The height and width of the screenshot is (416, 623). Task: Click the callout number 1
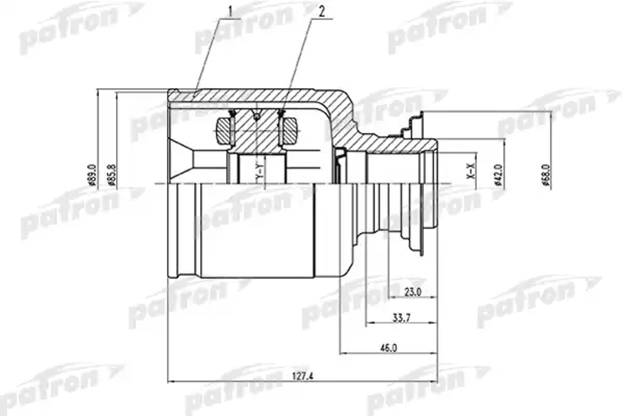(230, 11)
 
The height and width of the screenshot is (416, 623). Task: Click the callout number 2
(322, 12)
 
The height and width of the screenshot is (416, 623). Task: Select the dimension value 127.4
(302, 376)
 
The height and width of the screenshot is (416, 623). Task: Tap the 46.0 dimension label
(389, 348)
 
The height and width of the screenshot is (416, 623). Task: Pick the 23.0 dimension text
(413, 292)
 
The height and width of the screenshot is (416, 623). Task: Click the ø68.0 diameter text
(545, 175)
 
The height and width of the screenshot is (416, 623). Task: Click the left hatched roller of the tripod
(224, 131)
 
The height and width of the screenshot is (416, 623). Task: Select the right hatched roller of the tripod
(290, 131)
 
